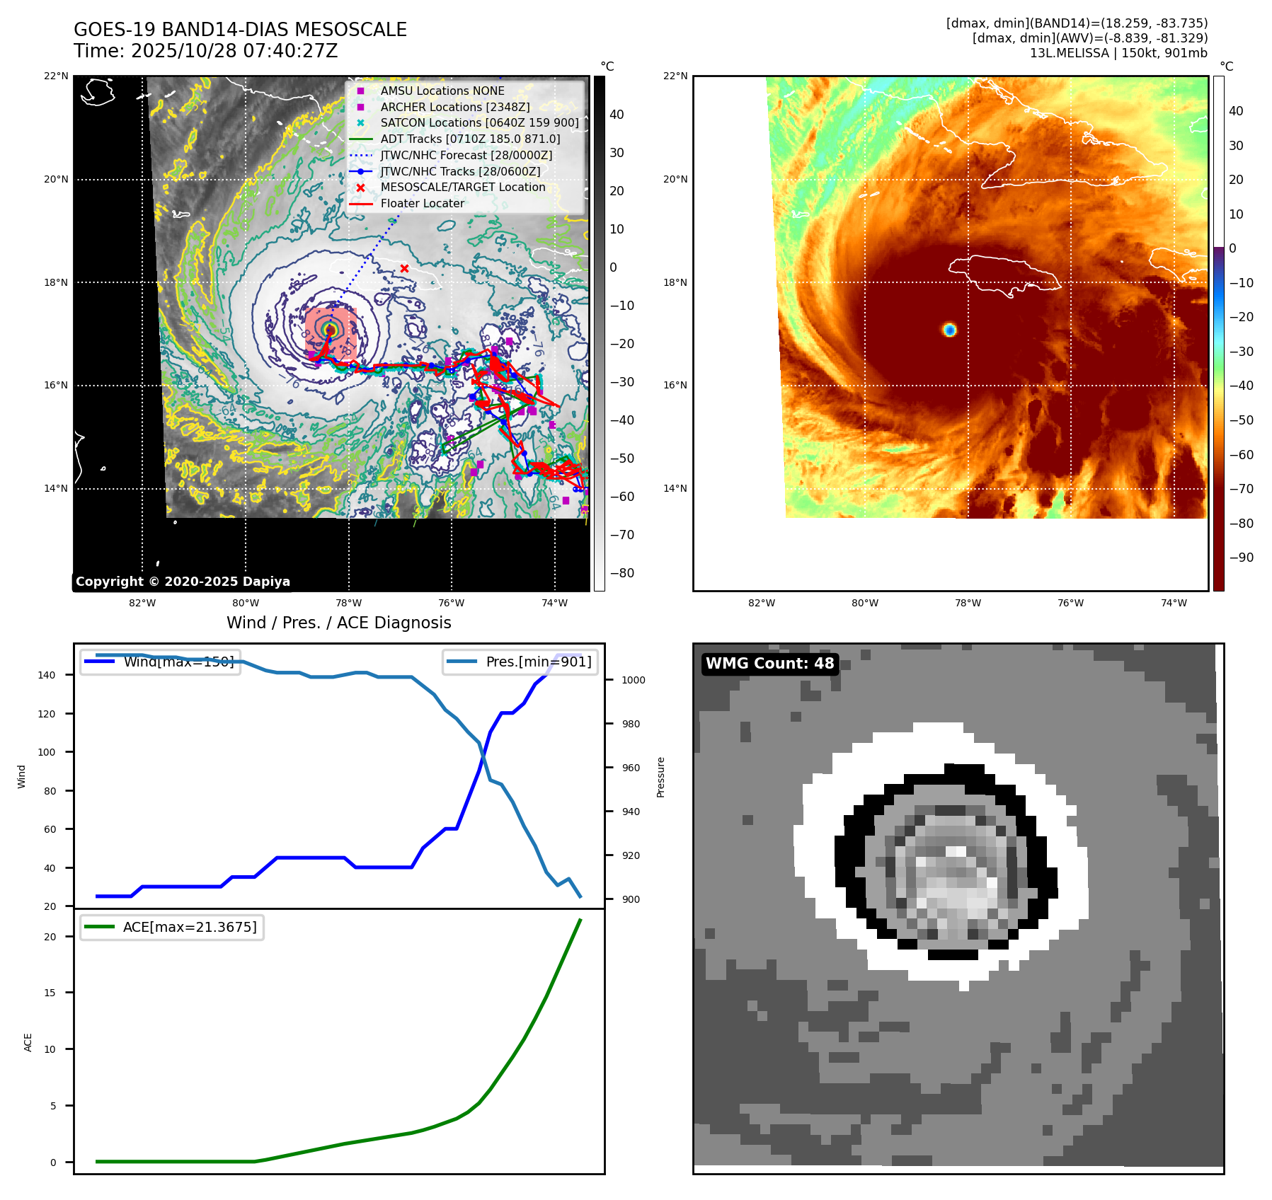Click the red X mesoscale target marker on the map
click(404, 268)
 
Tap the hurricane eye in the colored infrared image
click(949, 330)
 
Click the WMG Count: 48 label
click(769, 664)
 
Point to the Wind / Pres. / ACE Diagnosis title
click(338, 623)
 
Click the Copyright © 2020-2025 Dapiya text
click(183, 582)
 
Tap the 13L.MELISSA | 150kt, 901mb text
click(1118, 53)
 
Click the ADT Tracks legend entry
click(470, 139)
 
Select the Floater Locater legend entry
click(422, 203)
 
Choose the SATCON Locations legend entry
click(479, 122)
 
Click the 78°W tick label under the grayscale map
click(348, 603)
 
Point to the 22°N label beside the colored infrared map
click(675, 76)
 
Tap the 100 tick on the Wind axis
click(47, 752)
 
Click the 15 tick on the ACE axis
click(50, 993)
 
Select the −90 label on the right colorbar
click(1241, 558)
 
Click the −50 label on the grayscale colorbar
click(622, 458)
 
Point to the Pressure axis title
click(660, 777)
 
